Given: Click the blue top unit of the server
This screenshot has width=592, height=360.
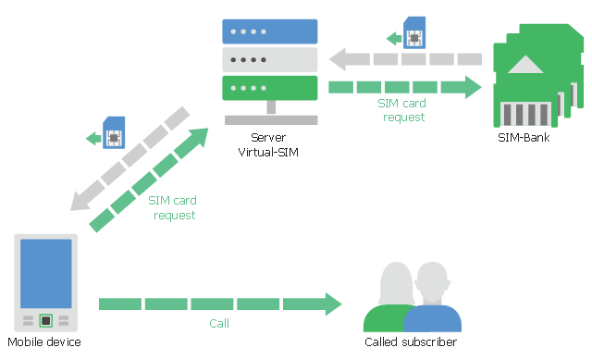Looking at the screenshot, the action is [x=269, y=31].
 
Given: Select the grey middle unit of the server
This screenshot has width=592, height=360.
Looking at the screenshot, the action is [x=269, y=59].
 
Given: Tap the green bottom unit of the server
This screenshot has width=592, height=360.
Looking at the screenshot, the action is [x=269, y=88].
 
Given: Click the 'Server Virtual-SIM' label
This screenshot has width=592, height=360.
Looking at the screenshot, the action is [x=268, y=144].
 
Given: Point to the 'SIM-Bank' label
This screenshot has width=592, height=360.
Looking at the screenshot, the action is [x=524, y=138].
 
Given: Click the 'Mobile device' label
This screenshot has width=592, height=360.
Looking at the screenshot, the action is [x=44, y=341].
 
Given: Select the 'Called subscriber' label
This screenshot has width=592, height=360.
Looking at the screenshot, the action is [x=411, y=341].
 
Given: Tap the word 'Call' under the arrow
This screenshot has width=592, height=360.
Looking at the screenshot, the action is [x=219, y=323].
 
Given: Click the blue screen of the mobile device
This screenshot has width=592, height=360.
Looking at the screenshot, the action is [x=45, y=274].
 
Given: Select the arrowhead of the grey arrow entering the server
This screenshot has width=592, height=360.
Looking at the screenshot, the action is [x=338, y=59].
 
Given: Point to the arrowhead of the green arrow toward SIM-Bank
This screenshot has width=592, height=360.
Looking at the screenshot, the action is [x=474, y=87].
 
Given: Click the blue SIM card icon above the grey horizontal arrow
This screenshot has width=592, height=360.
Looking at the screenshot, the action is [x=414, y=32].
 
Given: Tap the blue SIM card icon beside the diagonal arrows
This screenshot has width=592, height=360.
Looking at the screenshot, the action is [x=114, y=132].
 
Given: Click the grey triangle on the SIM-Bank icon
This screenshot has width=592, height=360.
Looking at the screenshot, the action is [x=525, y=64].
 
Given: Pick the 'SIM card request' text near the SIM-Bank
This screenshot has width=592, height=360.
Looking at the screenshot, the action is [x=402, y=110].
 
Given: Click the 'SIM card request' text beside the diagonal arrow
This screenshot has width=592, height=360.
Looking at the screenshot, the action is [x=173, y=207].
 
